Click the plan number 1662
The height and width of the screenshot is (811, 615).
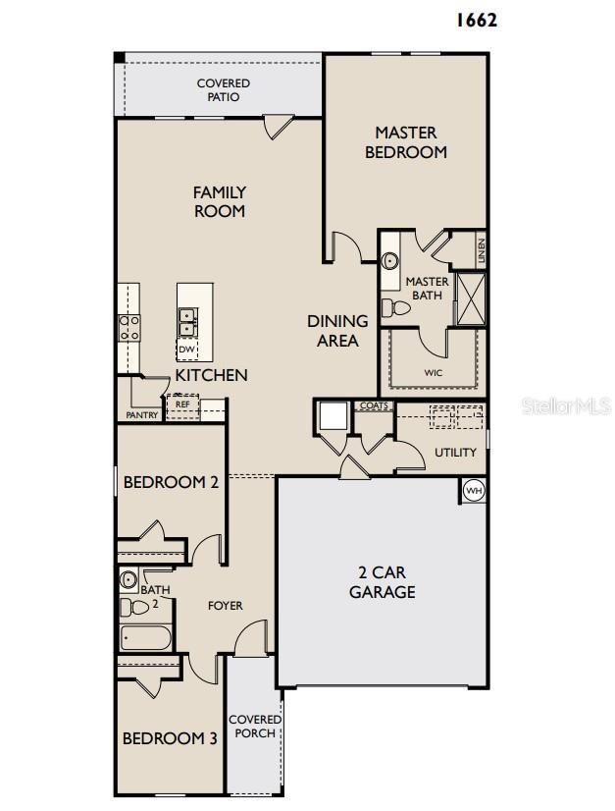pos(476,20)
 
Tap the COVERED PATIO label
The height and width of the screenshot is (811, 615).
pos(224,90)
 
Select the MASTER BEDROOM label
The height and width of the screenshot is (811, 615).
pos(406,142)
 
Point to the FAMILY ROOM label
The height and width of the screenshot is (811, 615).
pos(219,201)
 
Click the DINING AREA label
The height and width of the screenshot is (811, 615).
pos(337,331)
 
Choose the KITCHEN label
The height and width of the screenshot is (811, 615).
pos(211,375)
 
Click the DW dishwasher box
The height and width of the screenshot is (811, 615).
pos(186,350)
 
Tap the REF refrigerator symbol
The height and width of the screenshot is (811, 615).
pos(182,405)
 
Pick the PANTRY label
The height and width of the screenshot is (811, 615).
pos(142,415)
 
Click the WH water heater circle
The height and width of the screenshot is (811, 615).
pos(474,490)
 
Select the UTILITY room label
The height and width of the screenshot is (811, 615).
pos(455,453)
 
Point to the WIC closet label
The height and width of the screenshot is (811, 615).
pos(433,373)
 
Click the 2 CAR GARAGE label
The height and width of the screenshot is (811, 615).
pos(383,582)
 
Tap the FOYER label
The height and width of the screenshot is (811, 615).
pos(225,606)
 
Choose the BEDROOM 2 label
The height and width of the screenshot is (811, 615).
pos(170,482)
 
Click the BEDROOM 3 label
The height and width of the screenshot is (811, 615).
pos(169,738)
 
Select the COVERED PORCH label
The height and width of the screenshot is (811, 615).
pos(255,727)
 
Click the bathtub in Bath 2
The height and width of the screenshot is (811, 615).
pos(146,638)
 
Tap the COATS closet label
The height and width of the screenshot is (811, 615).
pos(374,405)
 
